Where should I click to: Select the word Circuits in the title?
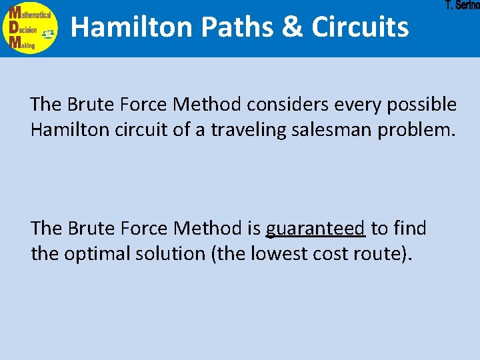[360, 27]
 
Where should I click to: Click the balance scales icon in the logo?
[48, 33]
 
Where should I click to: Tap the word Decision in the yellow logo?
[27, 31]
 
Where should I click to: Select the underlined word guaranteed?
[315, 229]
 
